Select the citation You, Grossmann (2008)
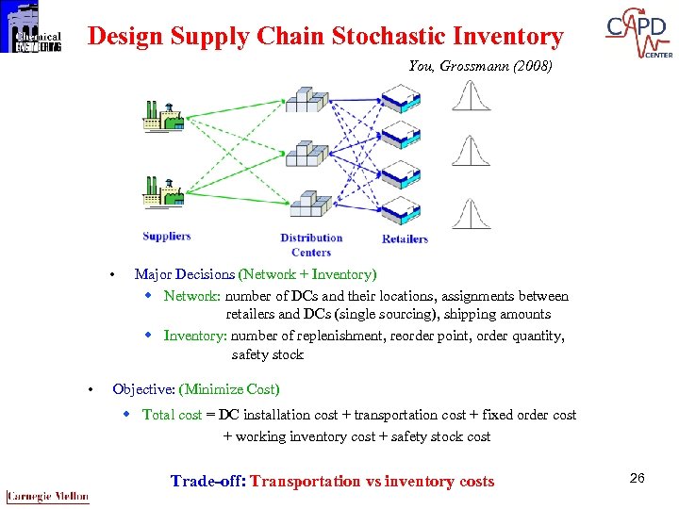click(480, 66)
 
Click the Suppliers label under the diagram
click(167, 236)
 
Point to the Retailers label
click(405, 238)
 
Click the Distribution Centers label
click(311, 245)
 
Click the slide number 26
click(637, 479)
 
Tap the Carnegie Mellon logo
click(47, 496)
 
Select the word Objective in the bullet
click(143, 388)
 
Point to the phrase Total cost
click(172, 415)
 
